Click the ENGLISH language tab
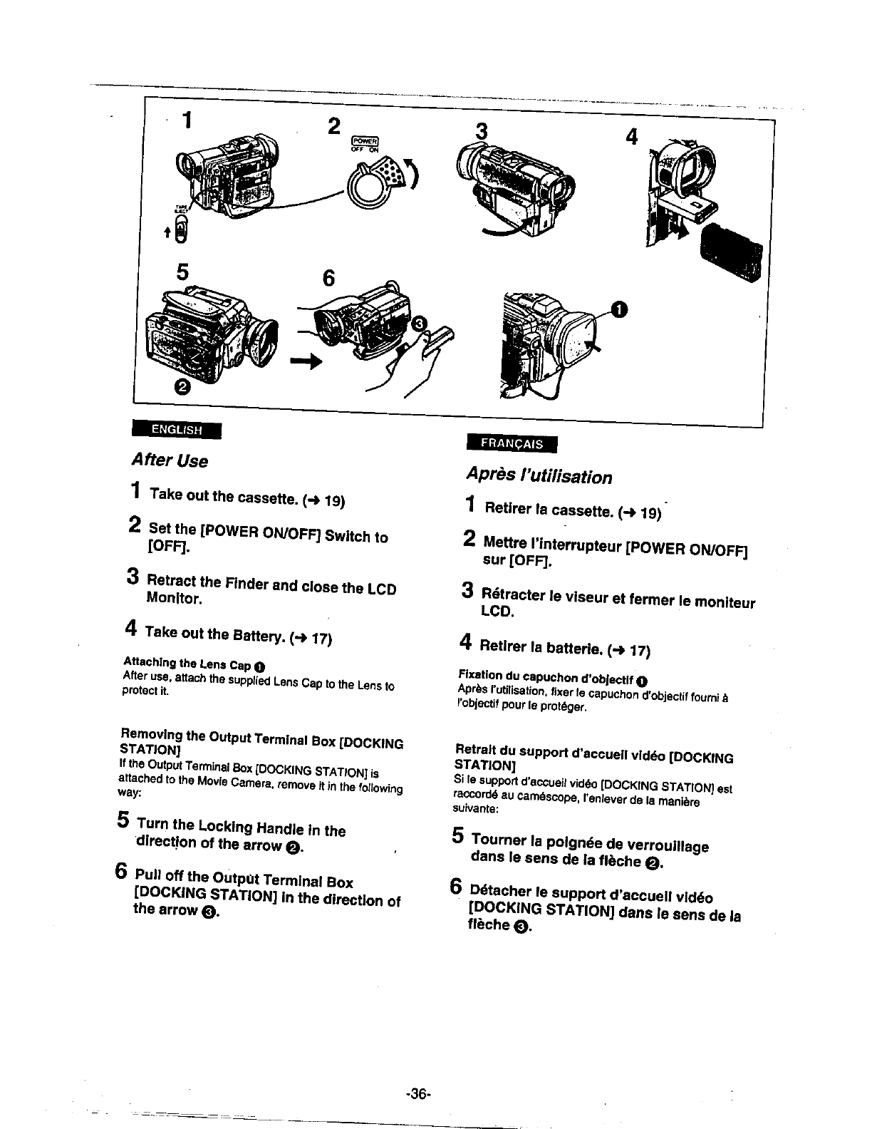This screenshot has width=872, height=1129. pyautogui.click(x=177, y=431)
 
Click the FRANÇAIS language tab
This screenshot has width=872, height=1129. pyautogui.click(x=511, y=443)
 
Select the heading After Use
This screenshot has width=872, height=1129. pyautogui.click(x=170, y=461)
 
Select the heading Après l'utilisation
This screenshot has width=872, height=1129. pyautogui.click(x=539, y=475)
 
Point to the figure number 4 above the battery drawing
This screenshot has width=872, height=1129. pyautogui.click(x=631, y=138)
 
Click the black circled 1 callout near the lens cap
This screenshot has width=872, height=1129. pyautogui.click(x=620, y=309)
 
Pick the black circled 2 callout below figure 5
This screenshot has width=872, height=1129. pyautogui.click(x=182, y=387)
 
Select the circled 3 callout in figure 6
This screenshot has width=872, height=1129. pyautogui.click(x=420, y=326)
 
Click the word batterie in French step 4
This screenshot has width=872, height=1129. pyautogui.click(x=574, y=648)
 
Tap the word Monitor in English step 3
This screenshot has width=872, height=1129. pyautogui.click(x=175, y=599)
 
